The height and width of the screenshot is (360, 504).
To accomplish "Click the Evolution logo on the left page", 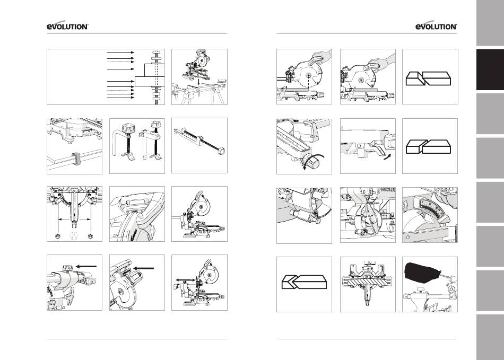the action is [67, 26].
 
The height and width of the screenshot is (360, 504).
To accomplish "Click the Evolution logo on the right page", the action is [436, 26].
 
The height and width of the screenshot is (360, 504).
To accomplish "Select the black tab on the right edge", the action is [490, 69].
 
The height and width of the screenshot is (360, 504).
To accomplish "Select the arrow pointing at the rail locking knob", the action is [86, 266].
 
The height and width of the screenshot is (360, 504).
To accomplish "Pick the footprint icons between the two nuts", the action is [74, 236].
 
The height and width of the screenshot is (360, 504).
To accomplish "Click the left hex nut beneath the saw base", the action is [58, 236].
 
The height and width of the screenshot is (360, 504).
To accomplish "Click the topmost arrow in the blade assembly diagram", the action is [120, 52].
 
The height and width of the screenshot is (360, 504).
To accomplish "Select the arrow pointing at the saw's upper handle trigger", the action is [143, 268].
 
